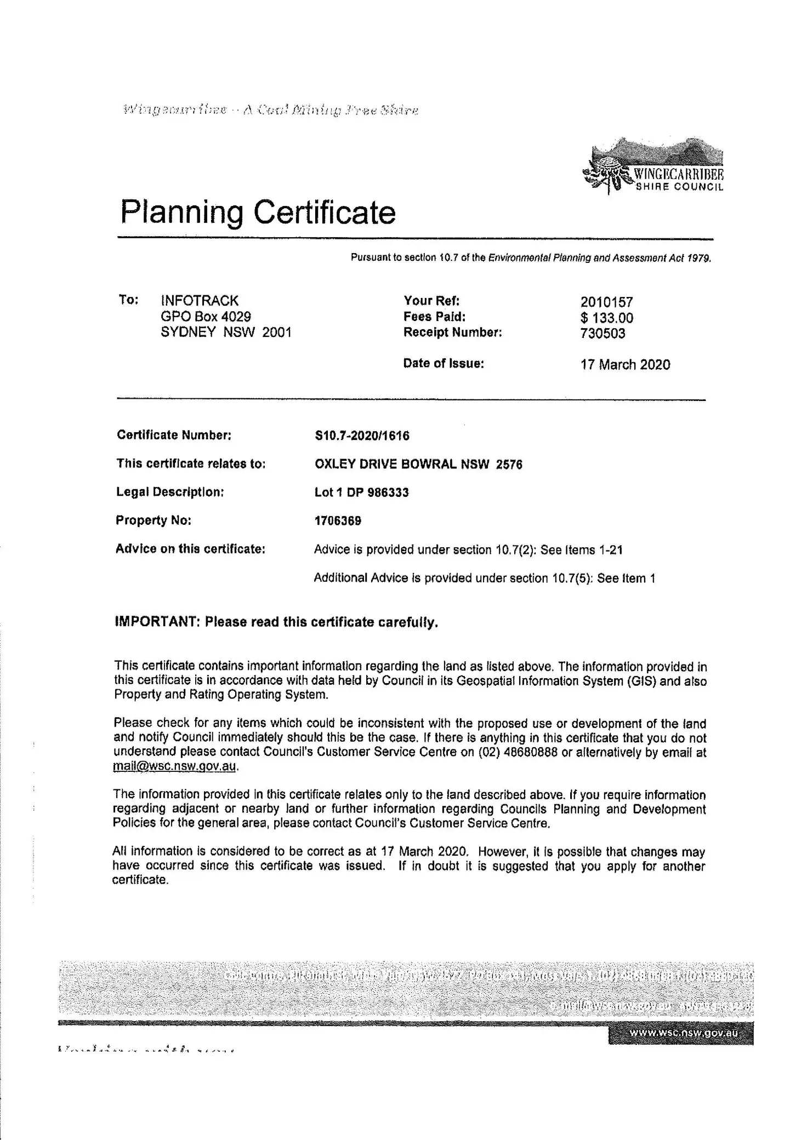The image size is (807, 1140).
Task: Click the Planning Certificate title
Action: click(258, 212)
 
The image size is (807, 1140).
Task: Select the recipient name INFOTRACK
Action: click(200, 300)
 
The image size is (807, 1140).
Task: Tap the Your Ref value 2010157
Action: click(606, 302)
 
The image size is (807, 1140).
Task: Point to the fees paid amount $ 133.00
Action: click(606, 318)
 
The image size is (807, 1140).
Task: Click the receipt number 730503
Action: click(603, 333)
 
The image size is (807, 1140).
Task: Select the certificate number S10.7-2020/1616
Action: click(362, 436)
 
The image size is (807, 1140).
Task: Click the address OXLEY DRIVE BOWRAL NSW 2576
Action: click(418, 464)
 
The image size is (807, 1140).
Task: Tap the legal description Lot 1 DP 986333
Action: click(361, 492)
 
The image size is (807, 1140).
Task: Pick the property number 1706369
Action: click(338, 520)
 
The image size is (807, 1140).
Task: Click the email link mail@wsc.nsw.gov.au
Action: click(175, 766)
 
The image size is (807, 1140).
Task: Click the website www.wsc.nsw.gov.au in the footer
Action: click(683, 1033)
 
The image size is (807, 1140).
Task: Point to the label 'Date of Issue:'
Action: click(444, 363)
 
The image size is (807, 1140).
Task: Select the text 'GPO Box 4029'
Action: click(206, 316)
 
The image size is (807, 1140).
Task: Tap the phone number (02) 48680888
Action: click(518, 752)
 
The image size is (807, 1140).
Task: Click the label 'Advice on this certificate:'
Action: click(190, 549)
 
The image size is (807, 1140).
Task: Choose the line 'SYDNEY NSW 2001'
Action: click(226, 332)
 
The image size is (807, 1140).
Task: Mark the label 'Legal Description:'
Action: click(170, 492)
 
